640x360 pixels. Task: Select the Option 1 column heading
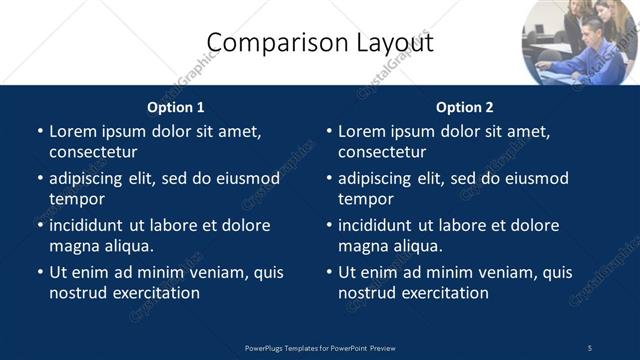click(176, 107)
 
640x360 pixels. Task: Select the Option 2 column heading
click(465, 107)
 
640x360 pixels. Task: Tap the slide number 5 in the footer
click(590, 348)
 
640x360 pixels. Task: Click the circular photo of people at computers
click(580, 42)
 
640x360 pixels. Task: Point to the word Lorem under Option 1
click(73, 131)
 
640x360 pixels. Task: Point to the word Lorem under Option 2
click(362, 131)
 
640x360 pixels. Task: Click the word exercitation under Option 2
click(441, 293)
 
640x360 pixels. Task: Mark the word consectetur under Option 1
click(93, 152)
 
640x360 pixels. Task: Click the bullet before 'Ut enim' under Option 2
click(329, 272)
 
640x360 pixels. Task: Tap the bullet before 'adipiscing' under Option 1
click(40, 179)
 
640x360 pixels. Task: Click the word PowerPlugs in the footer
click(268, 348)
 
